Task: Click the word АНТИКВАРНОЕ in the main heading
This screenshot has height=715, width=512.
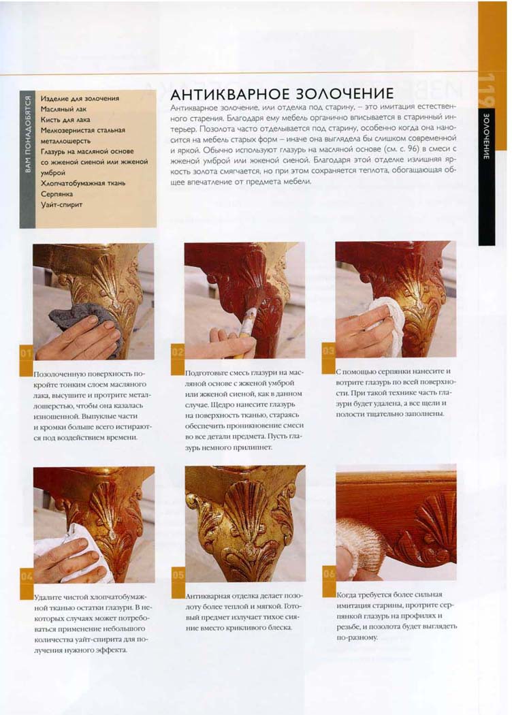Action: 229,94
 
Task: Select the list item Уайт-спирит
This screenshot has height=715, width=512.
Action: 61,205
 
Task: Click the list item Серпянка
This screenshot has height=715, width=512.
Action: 57,194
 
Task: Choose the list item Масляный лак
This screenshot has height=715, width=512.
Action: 63,110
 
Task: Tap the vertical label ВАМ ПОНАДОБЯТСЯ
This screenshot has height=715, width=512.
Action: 27,135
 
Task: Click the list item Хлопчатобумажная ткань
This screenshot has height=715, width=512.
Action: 83,184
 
